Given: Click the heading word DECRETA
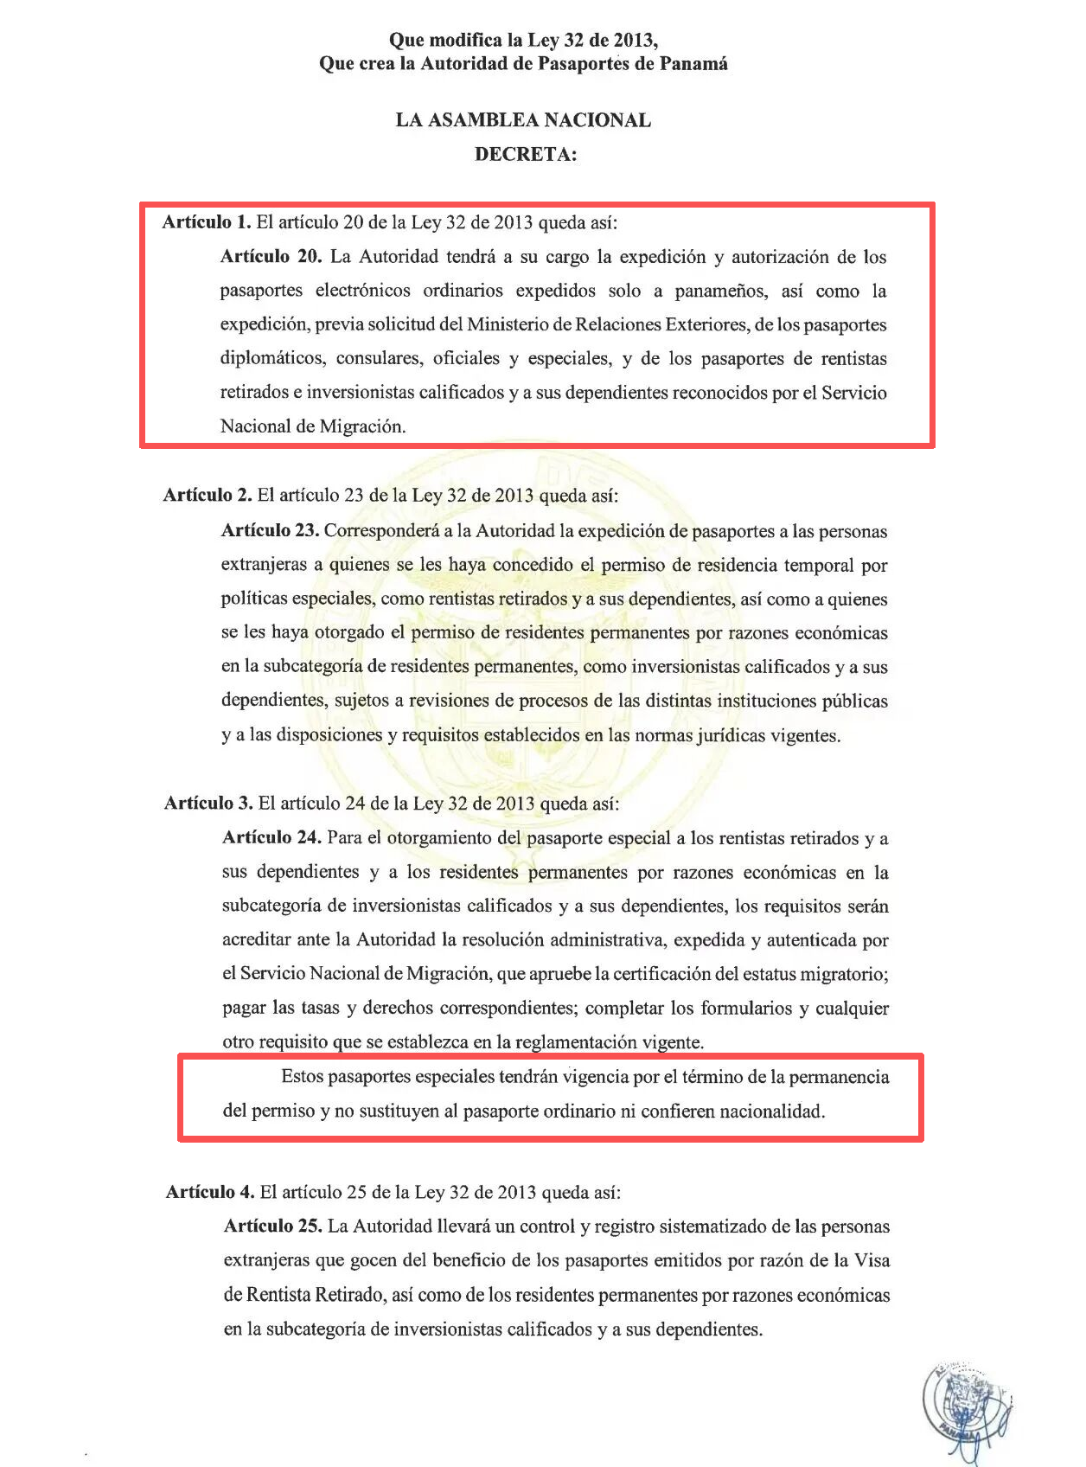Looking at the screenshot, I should coord(525,155).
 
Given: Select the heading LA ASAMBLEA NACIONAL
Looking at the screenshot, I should coord(523,120).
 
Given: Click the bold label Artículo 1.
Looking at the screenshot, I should coord(206,222).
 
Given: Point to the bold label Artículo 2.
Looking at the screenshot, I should coord(208,496).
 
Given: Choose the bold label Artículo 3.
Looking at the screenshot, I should coord(208,804).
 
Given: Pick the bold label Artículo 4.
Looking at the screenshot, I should coord(210,1193).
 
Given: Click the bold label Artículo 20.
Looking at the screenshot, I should coord(271,257).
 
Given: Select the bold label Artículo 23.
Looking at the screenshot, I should coord(270,530).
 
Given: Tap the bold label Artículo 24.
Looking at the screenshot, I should coord(271,838).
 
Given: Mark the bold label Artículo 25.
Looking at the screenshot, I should coord(272,1227).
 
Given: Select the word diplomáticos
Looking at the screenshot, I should coord(273,358).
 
